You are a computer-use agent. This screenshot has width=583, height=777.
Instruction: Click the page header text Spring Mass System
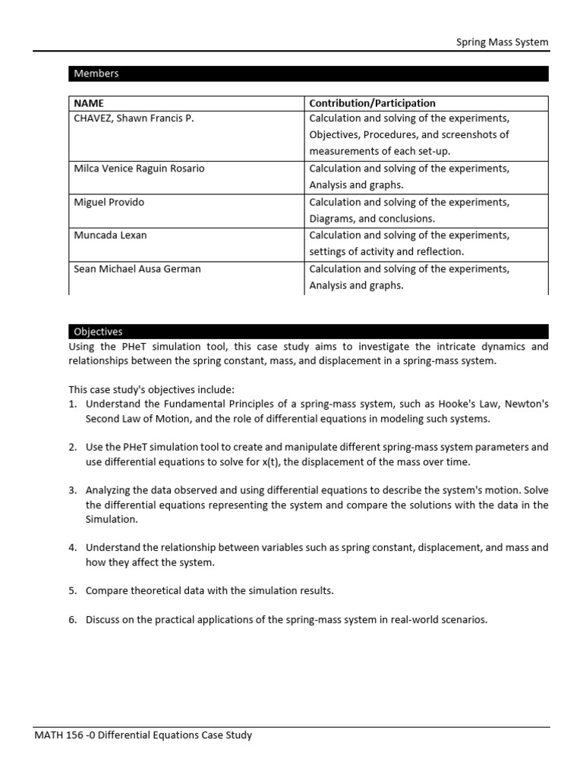502,42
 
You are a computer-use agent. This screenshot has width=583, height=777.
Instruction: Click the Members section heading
96,74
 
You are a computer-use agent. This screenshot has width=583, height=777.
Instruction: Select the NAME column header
89,103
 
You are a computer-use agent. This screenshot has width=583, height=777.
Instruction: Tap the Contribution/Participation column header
372,103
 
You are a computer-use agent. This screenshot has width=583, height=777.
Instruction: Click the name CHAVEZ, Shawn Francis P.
134,119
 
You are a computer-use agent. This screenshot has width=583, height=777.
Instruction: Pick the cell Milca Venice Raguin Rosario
139,168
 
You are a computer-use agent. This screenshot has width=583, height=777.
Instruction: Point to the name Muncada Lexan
110,235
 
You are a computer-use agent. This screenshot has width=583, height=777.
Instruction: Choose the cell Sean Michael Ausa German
137,269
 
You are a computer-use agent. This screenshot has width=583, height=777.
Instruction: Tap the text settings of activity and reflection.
386,252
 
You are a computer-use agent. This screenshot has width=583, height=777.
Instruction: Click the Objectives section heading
98,332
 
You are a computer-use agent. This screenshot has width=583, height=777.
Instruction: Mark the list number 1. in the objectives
73,404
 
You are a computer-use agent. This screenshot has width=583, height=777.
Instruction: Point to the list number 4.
73,547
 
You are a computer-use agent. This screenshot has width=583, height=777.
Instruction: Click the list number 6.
73,620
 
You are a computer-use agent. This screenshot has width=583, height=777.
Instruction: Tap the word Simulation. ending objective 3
110,520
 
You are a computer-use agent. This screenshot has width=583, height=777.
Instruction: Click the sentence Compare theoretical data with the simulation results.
210,590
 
